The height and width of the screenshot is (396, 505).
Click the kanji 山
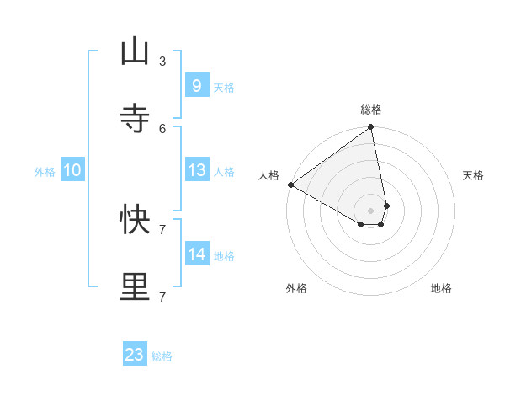(136, 51)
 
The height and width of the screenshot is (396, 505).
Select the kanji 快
(136, 220)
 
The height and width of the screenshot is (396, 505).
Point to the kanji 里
(136, 287)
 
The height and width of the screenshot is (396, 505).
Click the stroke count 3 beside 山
(162, 61)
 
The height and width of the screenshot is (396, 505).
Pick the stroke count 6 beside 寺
(162, 128)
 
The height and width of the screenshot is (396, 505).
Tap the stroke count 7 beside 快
(162, 229)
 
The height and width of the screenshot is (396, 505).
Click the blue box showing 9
(196, 86)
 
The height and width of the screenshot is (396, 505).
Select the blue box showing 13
(196, 170)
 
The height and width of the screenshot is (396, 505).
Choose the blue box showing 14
(196, 254)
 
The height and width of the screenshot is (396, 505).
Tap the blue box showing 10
(72, 171)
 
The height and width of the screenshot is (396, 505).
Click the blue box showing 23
(135, 355)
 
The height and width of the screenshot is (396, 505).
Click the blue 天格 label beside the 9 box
(224, 87)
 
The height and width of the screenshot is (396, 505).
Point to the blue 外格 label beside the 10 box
(45, 172)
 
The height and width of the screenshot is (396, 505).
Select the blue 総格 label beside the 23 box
(162, 356)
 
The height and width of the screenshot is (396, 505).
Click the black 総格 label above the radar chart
(371, 110)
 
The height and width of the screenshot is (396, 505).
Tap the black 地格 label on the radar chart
(441, 288)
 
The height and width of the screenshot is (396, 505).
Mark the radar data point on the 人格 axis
(290, 185)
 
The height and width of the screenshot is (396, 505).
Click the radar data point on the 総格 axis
(371, 128)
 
